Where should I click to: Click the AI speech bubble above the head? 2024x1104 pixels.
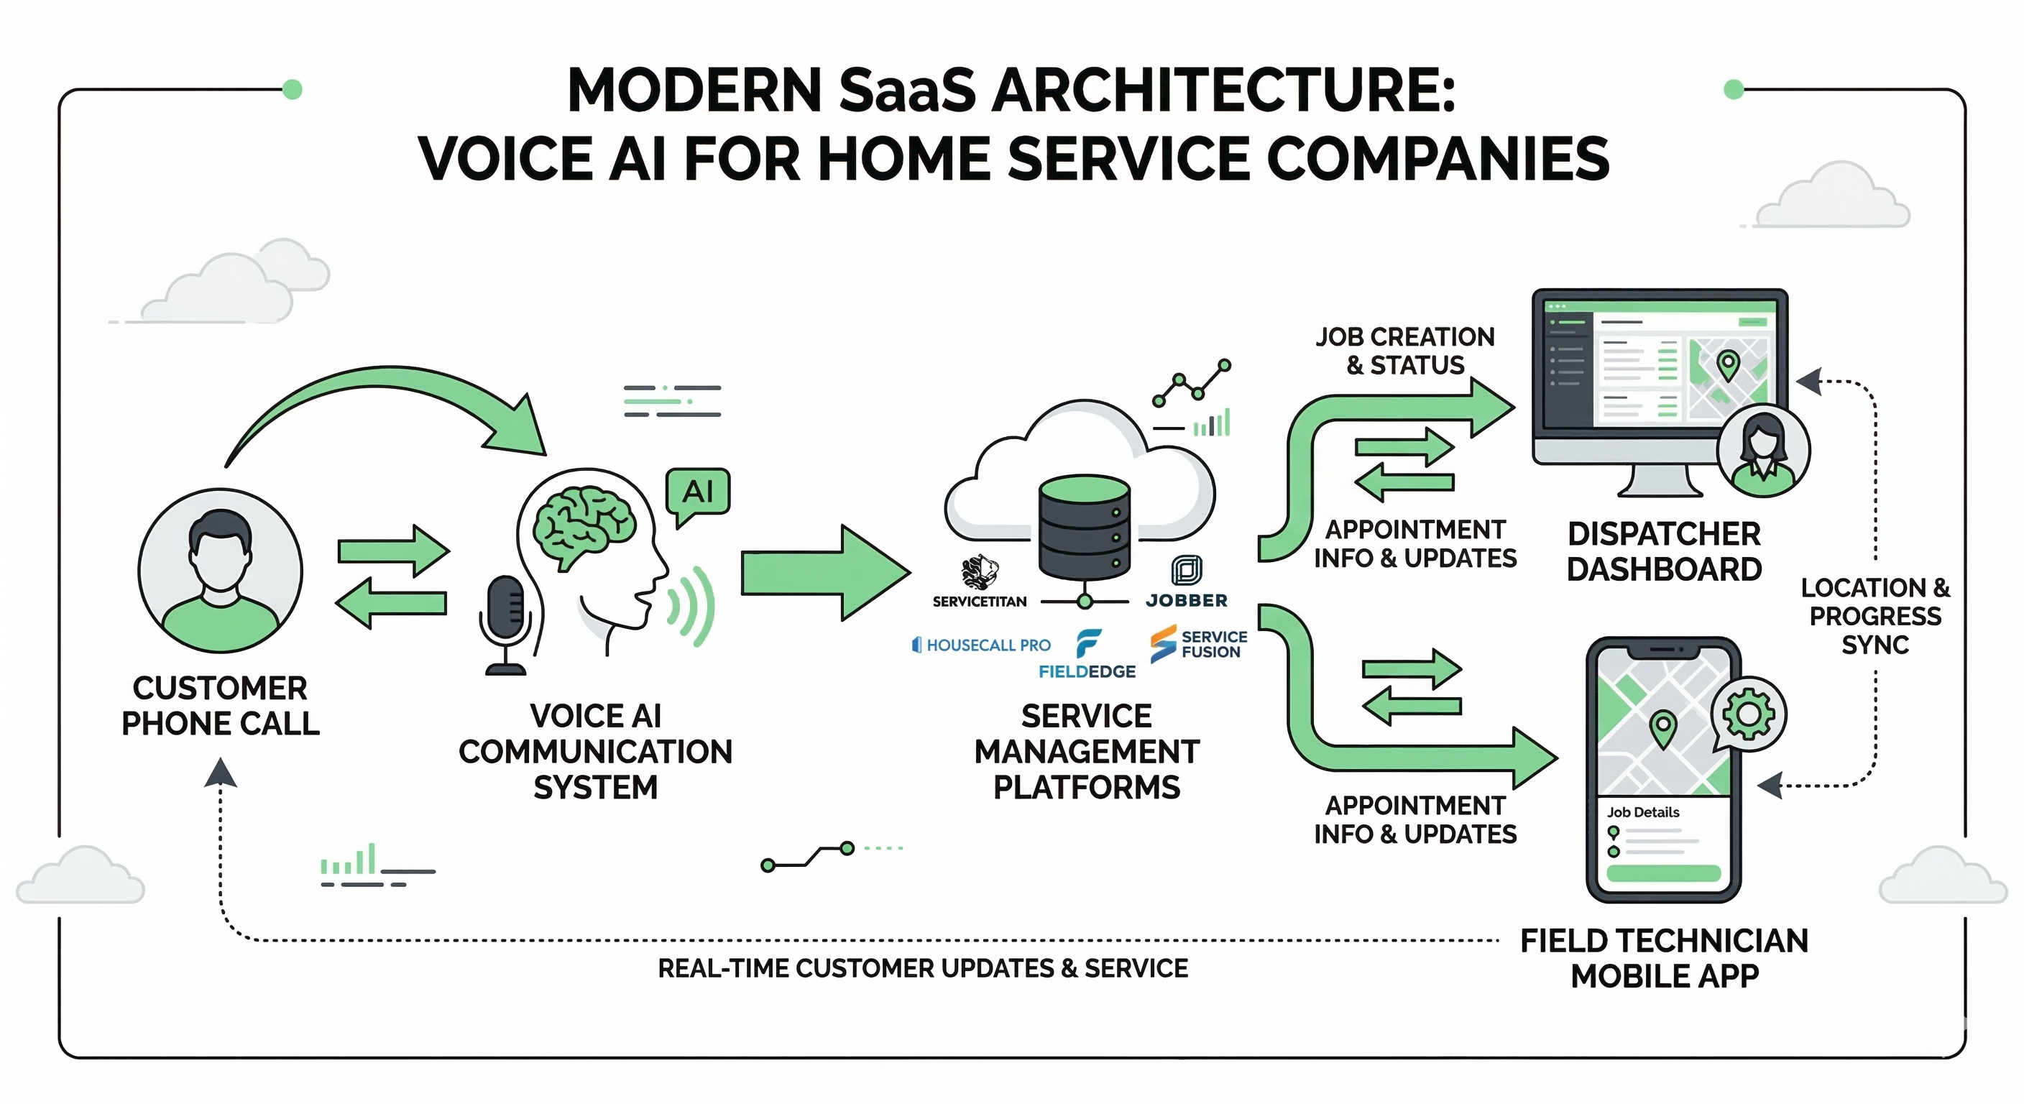(x=698, y=492)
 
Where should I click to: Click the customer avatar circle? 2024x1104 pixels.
(x=220, y=570)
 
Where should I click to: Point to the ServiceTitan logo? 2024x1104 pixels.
(x=979, y=581)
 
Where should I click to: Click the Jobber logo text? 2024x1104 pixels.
(x=1187, y=600)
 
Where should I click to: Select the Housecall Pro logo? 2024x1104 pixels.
(x=981, y=645)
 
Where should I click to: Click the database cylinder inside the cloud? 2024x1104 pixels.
(x=1085, y=526)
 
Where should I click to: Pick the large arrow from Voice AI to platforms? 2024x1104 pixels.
(x=825, y=573)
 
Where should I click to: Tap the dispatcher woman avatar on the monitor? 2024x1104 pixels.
(x=1763, y=451)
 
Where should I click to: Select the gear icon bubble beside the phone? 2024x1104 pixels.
(x=1748, y=714)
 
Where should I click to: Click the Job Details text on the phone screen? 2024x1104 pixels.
(x=1643, y=811)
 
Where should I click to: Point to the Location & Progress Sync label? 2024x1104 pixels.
(x=1874, y=616)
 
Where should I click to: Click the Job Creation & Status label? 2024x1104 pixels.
(x=1405, y=351)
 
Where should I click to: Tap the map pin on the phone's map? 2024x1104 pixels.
(x=1662, y=727)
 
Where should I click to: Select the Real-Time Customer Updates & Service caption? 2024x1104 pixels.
(x=922, y=968)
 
